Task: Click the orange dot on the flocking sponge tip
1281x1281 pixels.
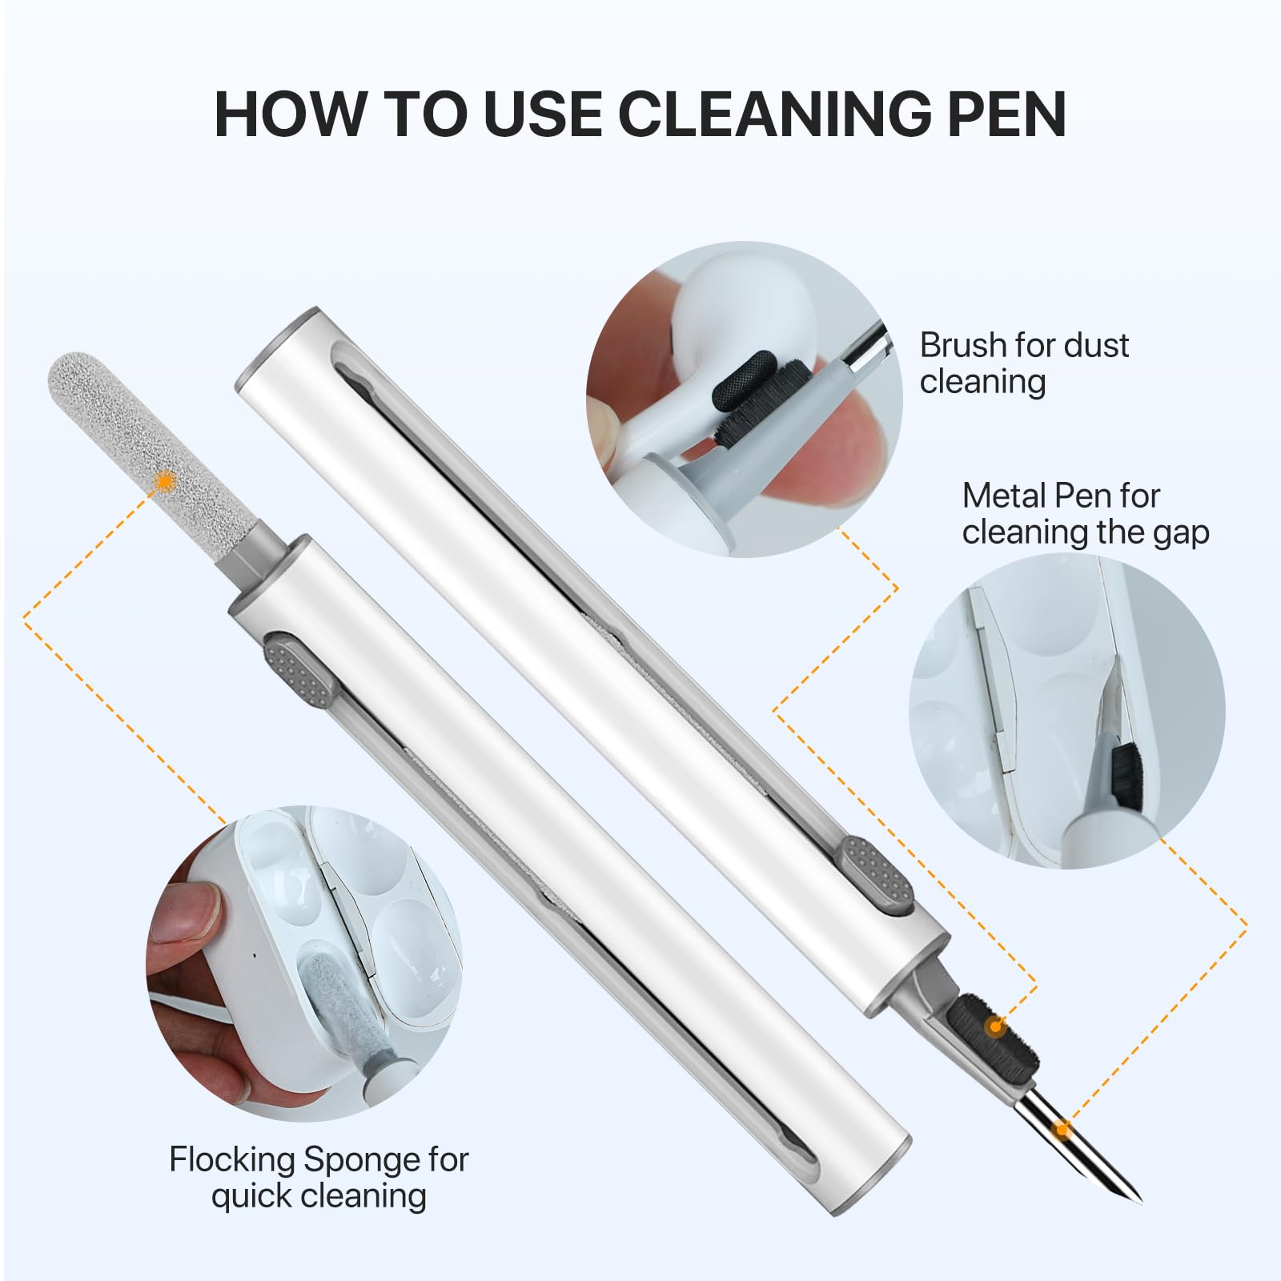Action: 166,480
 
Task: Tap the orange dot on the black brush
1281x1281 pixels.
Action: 995,1025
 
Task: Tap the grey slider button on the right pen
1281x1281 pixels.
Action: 877,876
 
